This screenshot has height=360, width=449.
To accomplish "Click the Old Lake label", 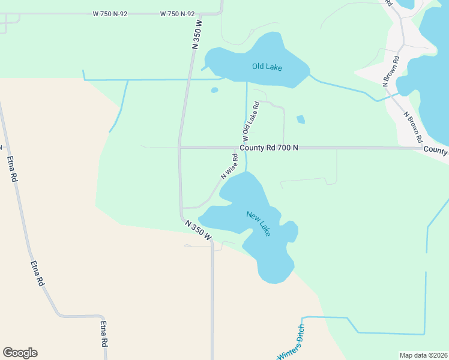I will click(x=267, y=67).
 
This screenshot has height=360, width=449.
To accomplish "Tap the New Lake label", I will click(x=259, y=223).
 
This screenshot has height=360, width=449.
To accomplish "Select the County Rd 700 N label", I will click(x=268, y=148).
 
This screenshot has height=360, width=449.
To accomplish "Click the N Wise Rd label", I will click(x=229, y=166).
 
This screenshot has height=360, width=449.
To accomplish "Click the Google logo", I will click(x=20, y=353).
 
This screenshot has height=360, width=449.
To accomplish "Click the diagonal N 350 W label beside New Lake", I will click(x=198, y=229).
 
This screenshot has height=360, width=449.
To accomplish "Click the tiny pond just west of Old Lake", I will click(x=214, y=91).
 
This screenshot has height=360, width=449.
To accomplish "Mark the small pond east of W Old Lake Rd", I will click(x=301, y=119).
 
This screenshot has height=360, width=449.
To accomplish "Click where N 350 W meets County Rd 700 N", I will click(x=179, y=147).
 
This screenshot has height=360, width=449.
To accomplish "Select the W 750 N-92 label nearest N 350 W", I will click(x=178, y=14).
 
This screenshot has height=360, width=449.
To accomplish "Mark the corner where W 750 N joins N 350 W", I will click(x=221, y=13).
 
